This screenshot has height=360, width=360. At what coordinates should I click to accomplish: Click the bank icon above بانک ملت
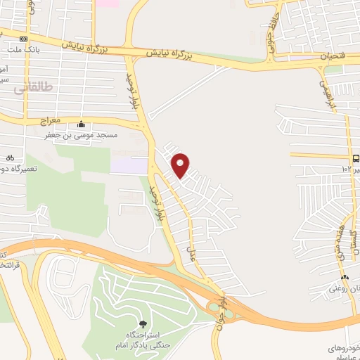click(x=25, y=39)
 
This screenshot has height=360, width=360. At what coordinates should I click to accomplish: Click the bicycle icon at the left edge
click(x=9, y=157)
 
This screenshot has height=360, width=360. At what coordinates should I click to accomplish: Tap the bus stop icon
click(x=356, y=158)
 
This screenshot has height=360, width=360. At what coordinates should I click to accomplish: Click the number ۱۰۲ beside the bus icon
click(x=347, y=169)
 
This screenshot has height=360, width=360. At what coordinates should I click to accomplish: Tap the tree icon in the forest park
click(x=143, y=323)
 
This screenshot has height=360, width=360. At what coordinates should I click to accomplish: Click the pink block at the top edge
click(x=108, y=4)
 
